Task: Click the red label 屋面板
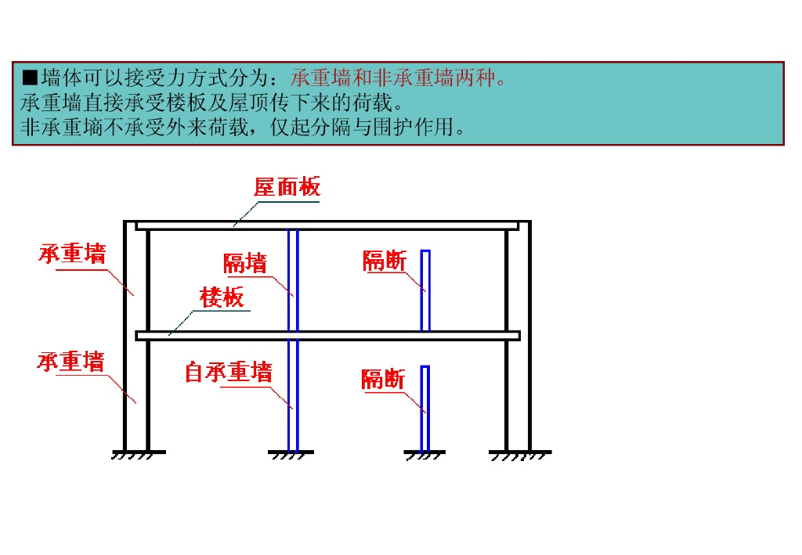point(287,188)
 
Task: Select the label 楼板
point(222,297)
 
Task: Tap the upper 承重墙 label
point(72,254)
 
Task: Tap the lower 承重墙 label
point(70,362)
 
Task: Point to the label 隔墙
point(245,263)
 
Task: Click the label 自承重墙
point(228,372)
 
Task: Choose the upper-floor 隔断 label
point(385,261)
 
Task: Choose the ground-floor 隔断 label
point(383,380)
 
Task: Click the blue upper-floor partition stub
point(425,290)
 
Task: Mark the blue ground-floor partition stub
point(425,408)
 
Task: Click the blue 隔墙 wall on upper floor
point(293,279)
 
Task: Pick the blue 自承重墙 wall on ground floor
point(293,395)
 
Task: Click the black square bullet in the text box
point(30,77)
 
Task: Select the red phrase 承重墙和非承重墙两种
point(399,77)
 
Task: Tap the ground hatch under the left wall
point(138,454)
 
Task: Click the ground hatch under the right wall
point(519,454)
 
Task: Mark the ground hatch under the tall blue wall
point(292,454)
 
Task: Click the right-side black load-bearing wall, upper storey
point(518,279)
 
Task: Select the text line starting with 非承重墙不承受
point(244,128)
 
